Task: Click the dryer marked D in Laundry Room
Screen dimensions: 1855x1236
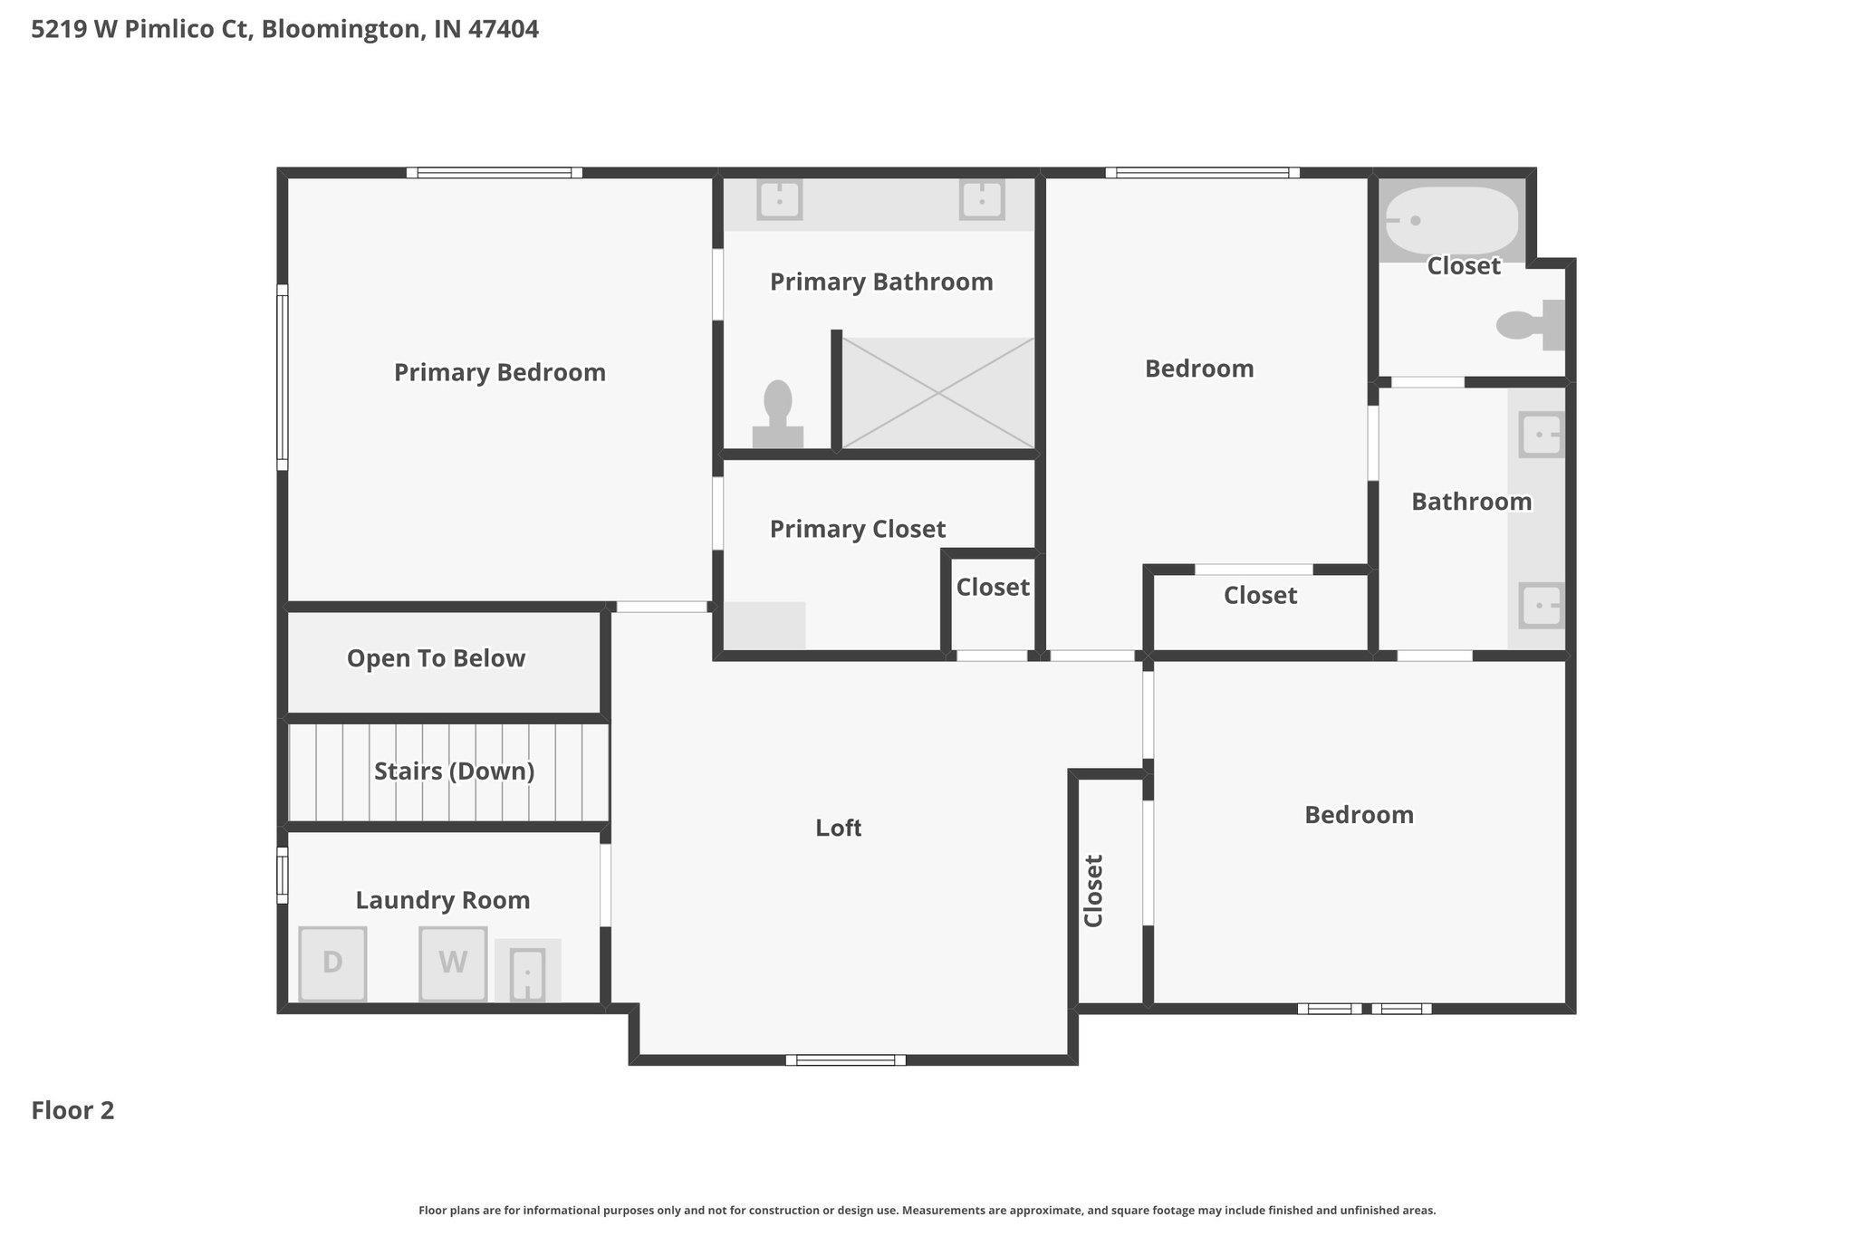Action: (332, 963)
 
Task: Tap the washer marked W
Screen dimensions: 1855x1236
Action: (453, 963)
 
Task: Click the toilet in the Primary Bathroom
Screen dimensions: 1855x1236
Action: (778, 414)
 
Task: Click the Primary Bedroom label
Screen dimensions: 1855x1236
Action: (500, 372)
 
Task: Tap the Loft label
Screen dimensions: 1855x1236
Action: (838, 828)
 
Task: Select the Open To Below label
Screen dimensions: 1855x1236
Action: (436, 658)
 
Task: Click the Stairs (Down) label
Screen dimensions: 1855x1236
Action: (454, 771)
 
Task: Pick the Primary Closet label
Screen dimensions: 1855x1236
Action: (858, 529)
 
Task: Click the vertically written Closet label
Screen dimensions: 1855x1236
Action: (1093, 891)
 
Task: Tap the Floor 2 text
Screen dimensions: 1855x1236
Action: (72, 1110)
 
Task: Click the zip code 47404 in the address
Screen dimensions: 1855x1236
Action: (504, 29)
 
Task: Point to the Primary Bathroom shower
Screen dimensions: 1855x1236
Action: (938, 392)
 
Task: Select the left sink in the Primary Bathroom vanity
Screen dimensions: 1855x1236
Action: (779, 198)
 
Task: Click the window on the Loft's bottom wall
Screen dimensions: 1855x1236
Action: (846, 1060)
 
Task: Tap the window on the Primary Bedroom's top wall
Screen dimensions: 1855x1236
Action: (494, 173)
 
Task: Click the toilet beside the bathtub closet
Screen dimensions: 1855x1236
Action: (1531, 325)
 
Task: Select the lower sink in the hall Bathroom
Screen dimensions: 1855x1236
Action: (1541, 605)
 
